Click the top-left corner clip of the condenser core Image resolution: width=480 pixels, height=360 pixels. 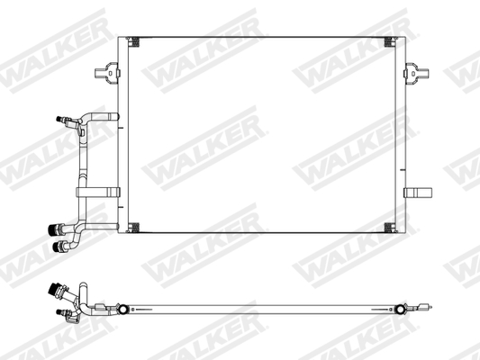pos(133,41)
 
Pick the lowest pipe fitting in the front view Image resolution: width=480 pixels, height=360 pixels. pos(63,245)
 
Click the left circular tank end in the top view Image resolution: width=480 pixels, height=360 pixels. pos(120,311)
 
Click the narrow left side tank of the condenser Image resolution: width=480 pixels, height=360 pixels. pos(122,135)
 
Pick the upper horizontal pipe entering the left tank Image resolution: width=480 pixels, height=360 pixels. pos(101,115)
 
